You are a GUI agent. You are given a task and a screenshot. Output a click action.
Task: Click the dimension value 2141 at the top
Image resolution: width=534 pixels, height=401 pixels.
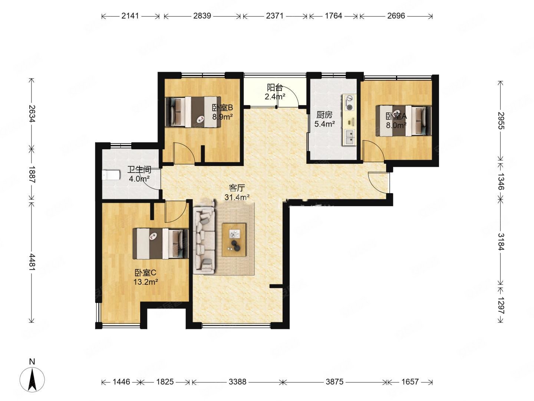[x=130, y=16]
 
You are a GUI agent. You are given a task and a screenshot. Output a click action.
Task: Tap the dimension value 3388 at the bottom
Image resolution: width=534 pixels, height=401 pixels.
[x=237, y=382]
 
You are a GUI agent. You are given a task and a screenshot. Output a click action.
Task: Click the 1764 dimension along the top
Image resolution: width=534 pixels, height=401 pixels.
[x=333, y=16]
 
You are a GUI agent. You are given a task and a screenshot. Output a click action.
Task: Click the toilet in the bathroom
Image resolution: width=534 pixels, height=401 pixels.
[x=111, y=175]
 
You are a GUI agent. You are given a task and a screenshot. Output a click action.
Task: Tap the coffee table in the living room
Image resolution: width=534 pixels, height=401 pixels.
[x=234, y=239]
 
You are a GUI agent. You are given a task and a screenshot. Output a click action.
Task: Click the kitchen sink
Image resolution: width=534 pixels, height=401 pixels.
[x=349, y=137]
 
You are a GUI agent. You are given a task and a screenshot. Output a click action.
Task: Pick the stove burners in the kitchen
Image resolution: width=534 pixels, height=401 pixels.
[x=349, y=103]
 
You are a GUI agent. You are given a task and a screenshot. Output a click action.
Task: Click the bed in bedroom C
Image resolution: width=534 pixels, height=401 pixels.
[x=160, y=244]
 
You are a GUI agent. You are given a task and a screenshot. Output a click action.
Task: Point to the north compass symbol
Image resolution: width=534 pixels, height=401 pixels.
[x=32, y=379]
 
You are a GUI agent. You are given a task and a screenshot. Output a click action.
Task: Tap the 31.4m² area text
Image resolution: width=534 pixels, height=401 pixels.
[x=237, y=197]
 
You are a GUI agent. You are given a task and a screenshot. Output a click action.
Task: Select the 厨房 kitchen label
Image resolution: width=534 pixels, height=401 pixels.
[x=324, y=115]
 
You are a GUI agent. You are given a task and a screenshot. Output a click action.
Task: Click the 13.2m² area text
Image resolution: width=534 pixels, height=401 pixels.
[x=146, y=282]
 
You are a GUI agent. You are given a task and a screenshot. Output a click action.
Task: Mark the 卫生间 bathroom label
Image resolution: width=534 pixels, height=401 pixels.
[x=139, y=169]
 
